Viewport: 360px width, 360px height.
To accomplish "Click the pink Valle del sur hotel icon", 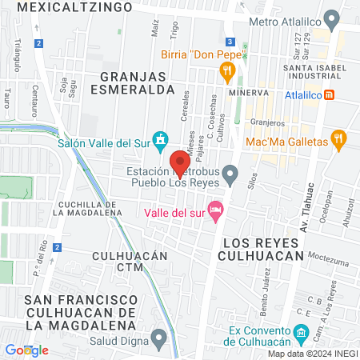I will (214, 210).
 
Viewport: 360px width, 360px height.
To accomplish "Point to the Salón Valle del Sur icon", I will (160, 139).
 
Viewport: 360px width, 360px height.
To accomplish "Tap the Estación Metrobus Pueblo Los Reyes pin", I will (230, 172).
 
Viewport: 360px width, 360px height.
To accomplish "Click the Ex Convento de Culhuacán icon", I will (299, 331).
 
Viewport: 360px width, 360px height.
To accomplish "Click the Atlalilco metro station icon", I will (338, 94).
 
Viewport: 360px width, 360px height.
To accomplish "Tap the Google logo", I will (26, 350).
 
